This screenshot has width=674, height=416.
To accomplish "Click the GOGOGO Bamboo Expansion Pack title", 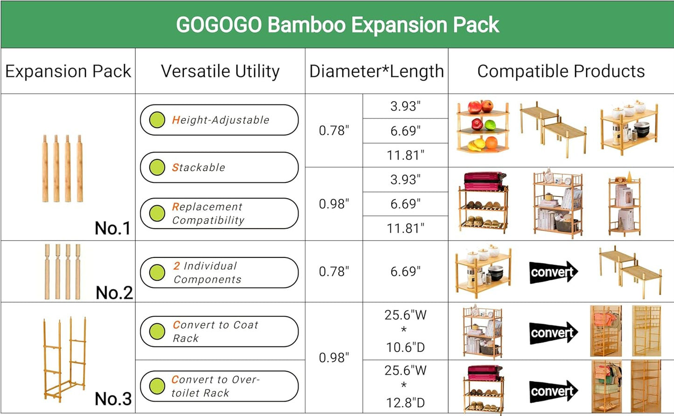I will click(337, 25).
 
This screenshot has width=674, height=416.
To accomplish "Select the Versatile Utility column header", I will click(220, 71).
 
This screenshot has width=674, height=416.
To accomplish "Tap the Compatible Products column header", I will click(561, 71).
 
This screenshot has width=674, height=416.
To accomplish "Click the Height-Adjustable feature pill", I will click(219, 120).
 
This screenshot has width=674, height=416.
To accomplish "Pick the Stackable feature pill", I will click(219, 167).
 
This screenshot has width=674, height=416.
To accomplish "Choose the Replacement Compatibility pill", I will click(219, 214).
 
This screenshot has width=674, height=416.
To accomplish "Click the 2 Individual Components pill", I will click(219, 272).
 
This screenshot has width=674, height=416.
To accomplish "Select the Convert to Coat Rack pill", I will click(219, 332).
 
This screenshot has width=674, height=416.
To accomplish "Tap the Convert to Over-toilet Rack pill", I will click(219, 386).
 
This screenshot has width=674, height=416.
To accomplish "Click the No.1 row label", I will click(112, 228).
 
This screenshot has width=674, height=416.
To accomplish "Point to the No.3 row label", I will click(113, 399).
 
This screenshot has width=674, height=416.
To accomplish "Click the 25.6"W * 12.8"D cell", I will click(405, 386).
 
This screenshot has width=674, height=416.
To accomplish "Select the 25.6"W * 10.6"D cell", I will click(405, 331).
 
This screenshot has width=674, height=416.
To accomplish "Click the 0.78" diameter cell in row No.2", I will click(334, 271).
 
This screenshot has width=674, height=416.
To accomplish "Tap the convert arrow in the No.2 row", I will click(553, 272).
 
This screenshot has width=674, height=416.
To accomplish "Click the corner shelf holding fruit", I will click(482, 127).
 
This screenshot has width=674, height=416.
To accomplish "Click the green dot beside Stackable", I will click(157, 167).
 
